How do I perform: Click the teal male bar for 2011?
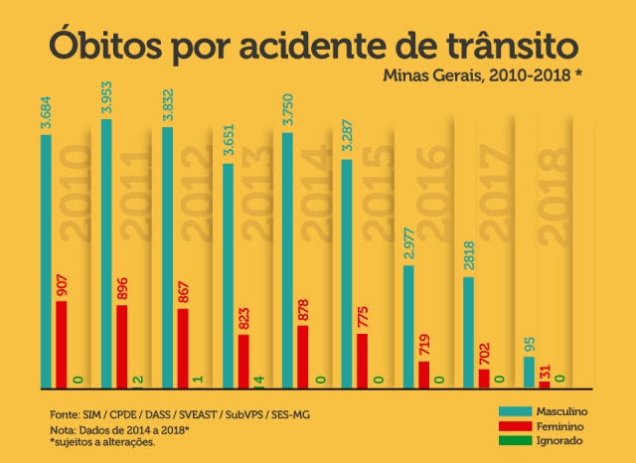point(106,253)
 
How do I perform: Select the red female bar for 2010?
point(62,344)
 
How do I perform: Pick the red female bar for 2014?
point(303,356)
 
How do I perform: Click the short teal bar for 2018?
point(530,372)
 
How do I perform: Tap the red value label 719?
point(425,341)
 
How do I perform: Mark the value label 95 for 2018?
point(529,343)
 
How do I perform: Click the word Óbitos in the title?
point(102,46)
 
